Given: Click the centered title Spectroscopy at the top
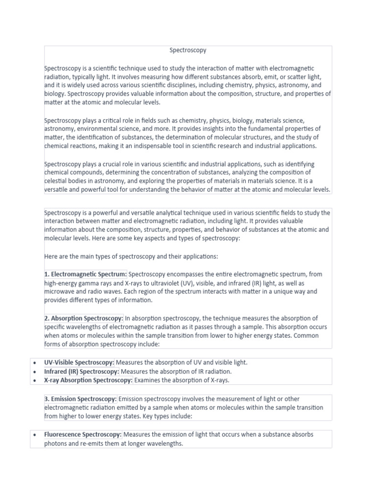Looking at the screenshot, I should [188, 50].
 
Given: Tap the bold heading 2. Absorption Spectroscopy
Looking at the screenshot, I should [84, 318].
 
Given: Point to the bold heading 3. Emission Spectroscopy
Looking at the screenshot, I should [81, 399].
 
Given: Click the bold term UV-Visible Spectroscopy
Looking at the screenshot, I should [79, 362].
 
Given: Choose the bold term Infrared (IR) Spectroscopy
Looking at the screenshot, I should [82, 371].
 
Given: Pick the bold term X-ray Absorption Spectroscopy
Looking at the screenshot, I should [88, 380].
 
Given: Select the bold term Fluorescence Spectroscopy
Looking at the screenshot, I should [83, 434].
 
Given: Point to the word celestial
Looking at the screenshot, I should [56, 181].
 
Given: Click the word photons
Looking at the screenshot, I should [56, 443].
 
